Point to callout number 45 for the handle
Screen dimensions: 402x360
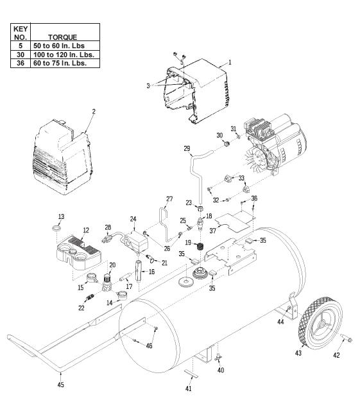point(60,384)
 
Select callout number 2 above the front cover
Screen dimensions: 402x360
point(93,111)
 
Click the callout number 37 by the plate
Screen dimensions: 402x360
point(212,229)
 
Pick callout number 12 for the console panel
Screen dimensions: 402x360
point(85,230)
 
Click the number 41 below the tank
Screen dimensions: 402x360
point(189,389)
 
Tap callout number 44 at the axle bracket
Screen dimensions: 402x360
point(281,322)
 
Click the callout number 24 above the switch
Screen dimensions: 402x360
point(133,218)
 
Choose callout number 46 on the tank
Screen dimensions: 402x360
point(150,345)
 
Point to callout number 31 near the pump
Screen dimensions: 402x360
point(234,128)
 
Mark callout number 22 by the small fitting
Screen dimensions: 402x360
point(81,308)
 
